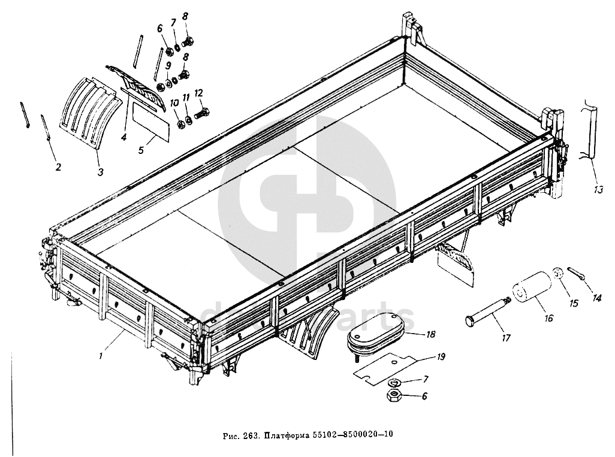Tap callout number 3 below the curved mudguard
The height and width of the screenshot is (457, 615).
click(x=101, y=172)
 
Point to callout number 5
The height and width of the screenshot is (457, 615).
click(x=141, y=150)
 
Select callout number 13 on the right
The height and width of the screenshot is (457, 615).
click(x=598, y=190)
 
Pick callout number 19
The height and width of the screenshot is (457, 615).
click(x=441, y=357)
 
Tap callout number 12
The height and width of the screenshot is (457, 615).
click(x=198, y=93)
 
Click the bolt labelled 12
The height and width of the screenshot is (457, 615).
click(x=201, y=113)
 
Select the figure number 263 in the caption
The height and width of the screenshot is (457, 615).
click(x=250, y=434)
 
